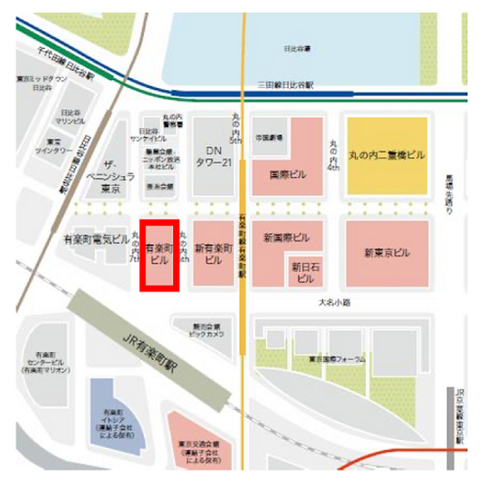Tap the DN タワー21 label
point(212,157)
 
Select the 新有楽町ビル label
point(212,253)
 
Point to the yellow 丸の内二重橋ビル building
point(386,155)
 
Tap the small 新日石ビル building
point(305,272)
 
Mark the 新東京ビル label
point(387,253)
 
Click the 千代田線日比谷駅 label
point(66,60)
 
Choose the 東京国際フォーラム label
point(336,358)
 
